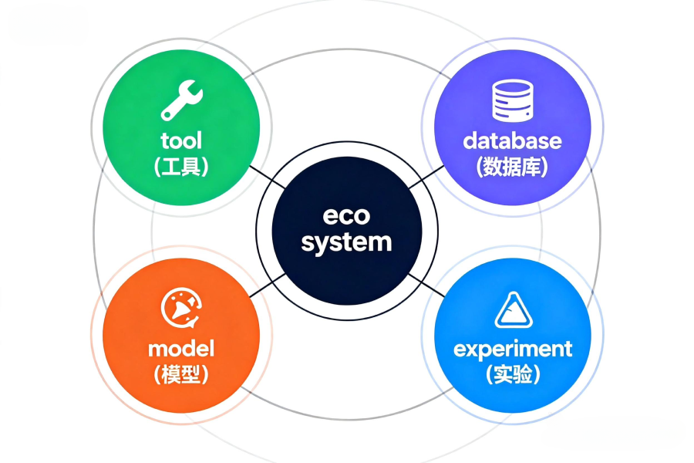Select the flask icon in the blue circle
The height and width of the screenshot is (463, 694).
click(x=512, y=311)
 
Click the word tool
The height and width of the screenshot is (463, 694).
click(x=181, y=140)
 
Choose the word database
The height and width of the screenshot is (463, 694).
click(x=512, y=140)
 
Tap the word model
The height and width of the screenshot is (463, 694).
click(x=181, y=348)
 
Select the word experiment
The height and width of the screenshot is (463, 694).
click(x=513, y=349)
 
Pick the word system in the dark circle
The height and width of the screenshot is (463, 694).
click(x=346, y=242)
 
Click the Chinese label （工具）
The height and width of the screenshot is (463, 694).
click(x=181, y=166)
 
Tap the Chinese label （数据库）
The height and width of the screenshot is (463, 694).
click(x=512, y=166)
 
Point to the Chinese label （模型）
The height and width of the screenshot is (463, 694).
click(x=181, y=374)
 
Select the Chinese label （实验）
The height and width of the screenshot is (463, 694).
click(x=513, y=374)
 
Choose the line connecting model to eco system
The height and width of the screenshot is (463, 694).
click(x=263, y=286)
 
